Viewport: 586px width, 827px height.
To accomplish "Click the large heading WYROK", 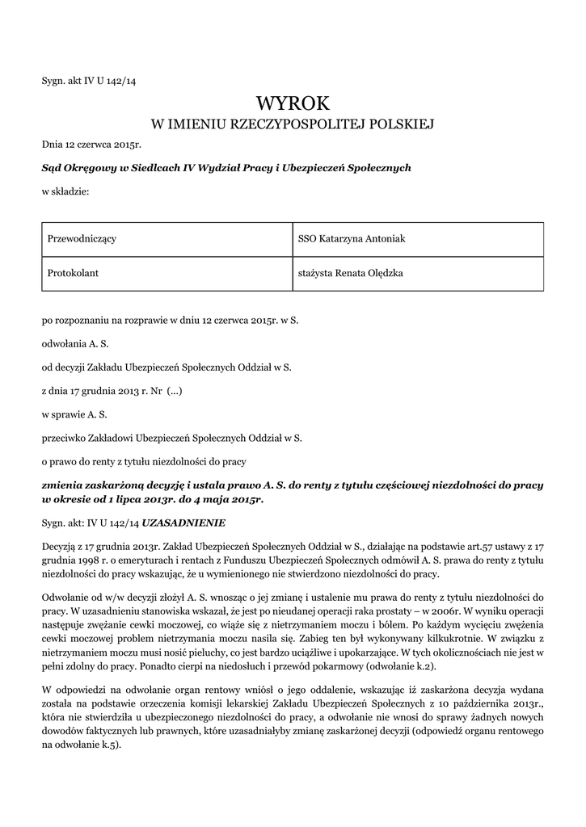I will (x=293, y=103).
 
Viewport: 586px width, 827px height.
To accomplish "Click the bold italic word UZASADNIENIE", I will (x=189, y=522).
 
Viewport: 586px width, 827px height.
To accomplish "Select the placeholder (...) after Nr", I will (x=175, y=391).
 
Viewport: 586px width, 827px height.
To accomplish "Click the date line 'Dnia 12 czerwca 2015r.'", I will (x=91, y=145).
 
